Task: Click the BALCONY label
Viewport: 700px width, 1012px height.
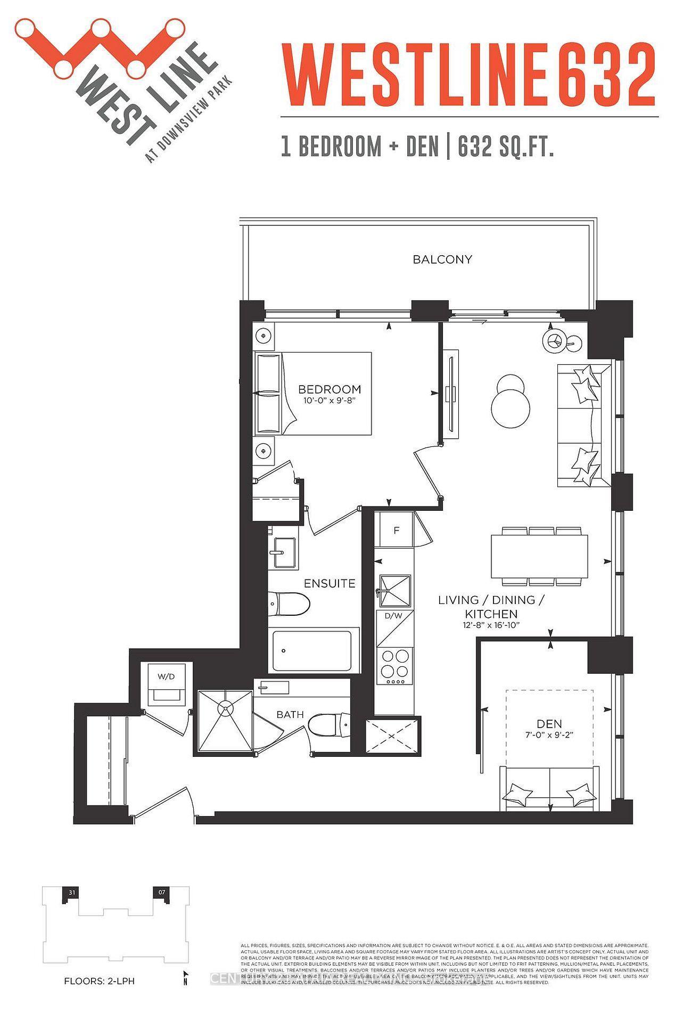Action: [x=442, y=259]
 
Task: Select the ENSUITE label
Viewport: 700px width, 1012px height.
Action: [x=330, y=583]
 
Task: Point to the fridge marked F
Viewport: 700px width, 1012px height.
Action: [x=396, y=531]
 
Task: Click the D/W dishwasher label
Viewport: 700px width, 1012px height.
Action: [x=394, y=616]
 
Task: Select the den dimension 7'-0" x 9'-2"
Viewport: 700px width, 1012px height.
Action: [x=549, y=734]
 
